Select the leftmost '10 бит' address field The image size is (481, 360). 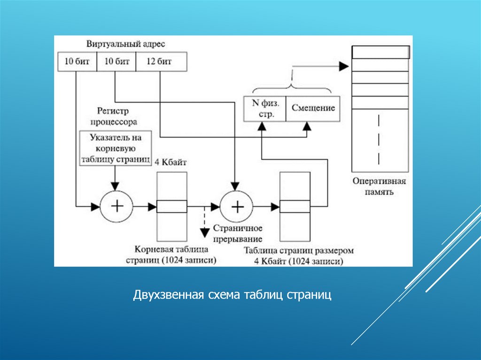(77, 62)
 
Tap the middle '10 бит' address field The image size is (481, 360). (116, 62)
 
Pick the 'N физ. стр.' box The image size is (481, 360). (264, 109)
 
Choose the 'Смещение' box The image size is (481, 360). (313, 108)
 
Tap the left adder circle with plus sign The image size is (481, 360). (116, 206)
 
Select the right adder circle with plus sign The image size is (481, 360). (237, 206)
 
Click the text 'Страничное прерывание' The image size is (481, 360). (238, 232)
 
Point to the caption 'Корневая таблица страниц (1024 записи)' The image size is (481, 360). (171, 255)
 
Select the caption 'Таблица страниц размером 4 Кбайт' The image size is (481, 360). (299, 255)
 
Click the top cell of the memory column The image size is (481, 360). (380, 52)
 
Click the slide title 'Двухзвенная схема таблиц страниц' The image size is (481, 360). (232, 296)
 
